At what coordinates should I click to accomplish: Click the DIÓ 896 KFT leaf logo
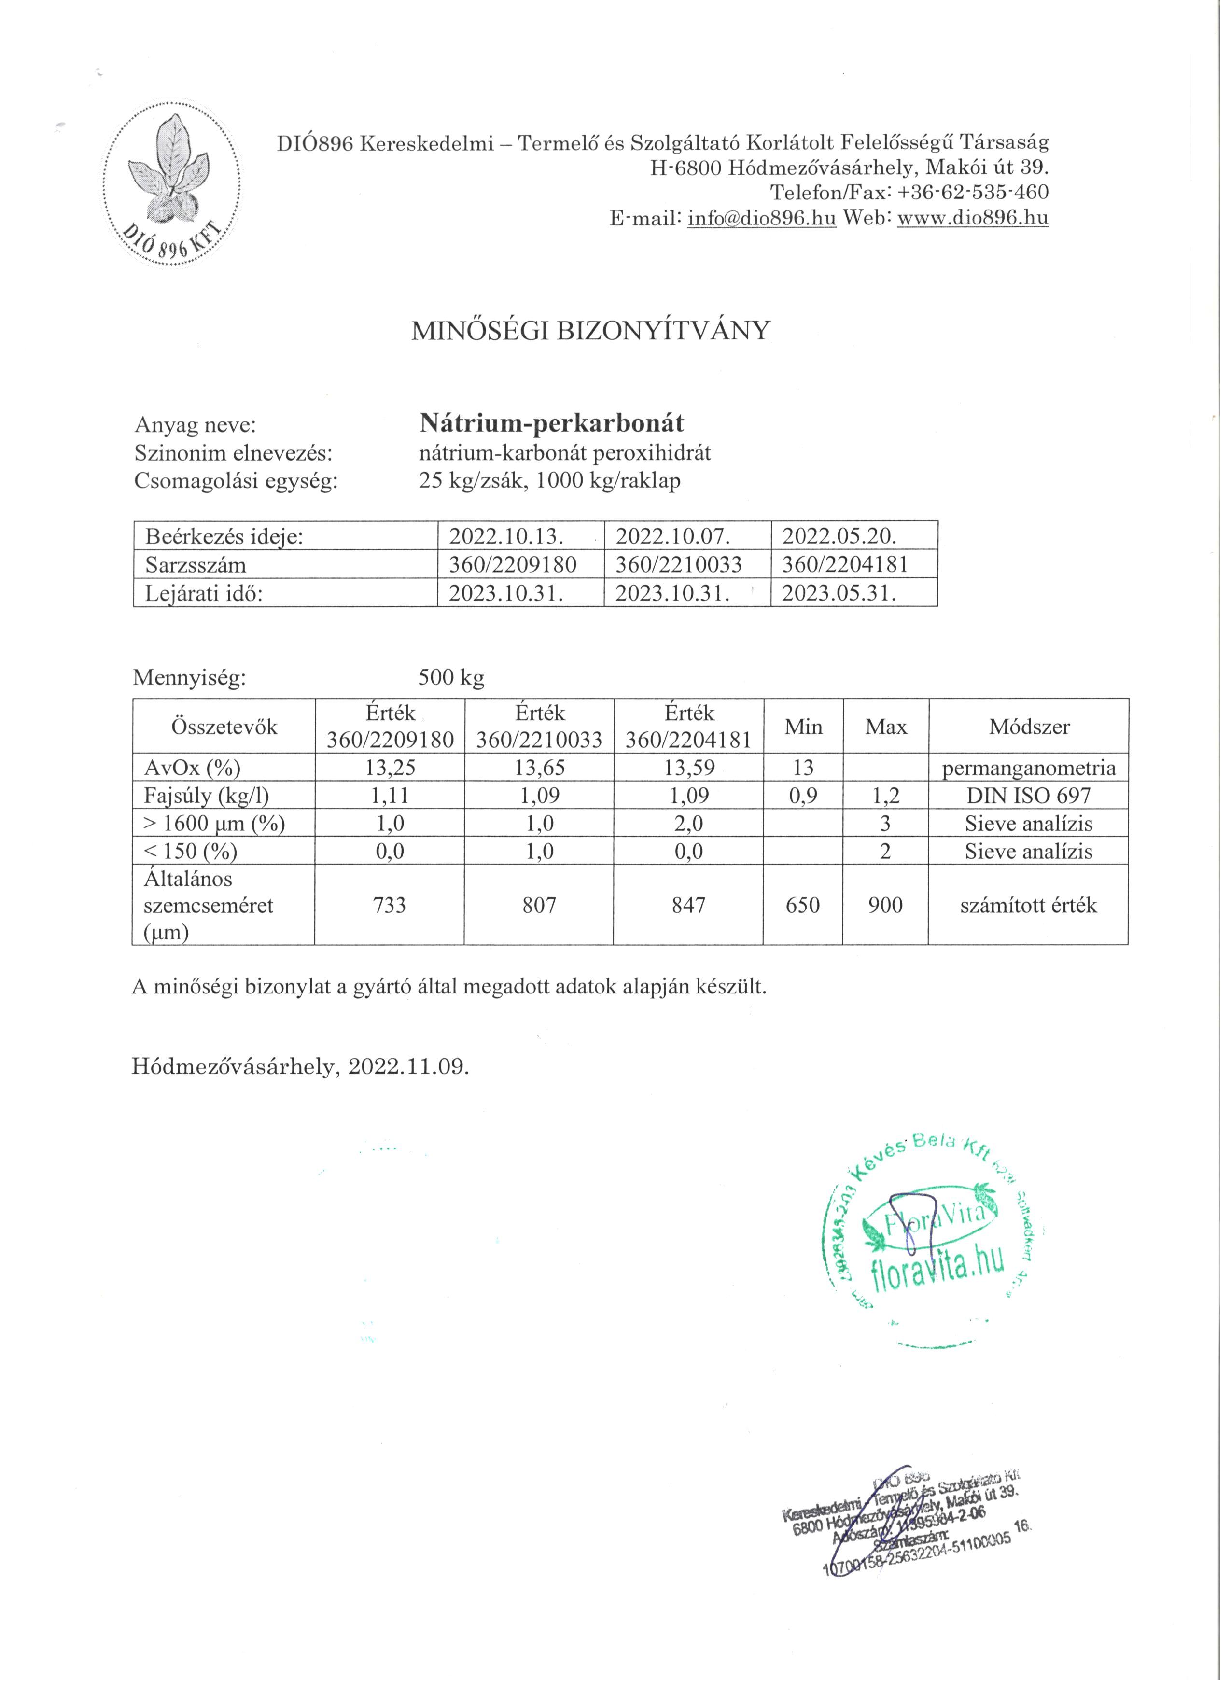click(x=172, y=188)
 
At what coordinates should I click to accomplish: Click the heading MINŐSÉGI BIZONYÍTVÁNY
click(x=590, y=331)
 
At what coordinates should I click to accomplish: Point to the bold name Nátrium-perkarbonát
click(x=552, y=424)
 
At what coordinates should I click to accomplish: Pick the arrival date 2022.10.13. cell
click(x=506, y=536)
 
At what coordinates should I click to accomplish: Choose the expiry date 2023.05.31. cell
click(x=839, y=593)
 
